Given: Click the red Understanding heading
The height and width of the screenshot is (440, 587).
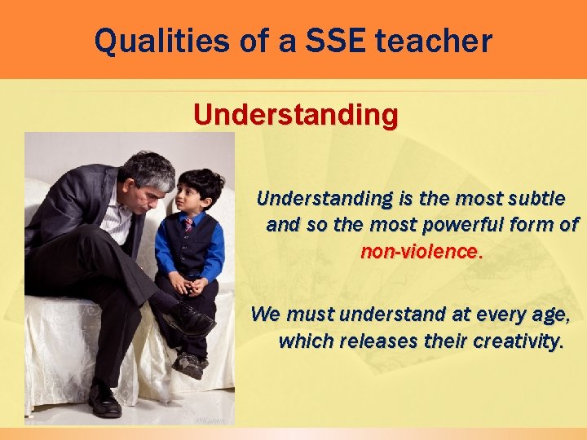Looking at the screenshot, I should click(296, 115).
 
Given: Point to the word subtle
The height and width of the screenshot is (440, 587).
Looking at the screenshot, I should click(534, 198).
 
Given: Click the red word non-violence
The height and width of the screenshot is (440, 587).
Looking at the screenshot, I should click(421, 252).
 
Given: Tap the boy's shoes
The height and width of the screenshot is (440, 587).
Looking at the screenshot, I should click(188, 363).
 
